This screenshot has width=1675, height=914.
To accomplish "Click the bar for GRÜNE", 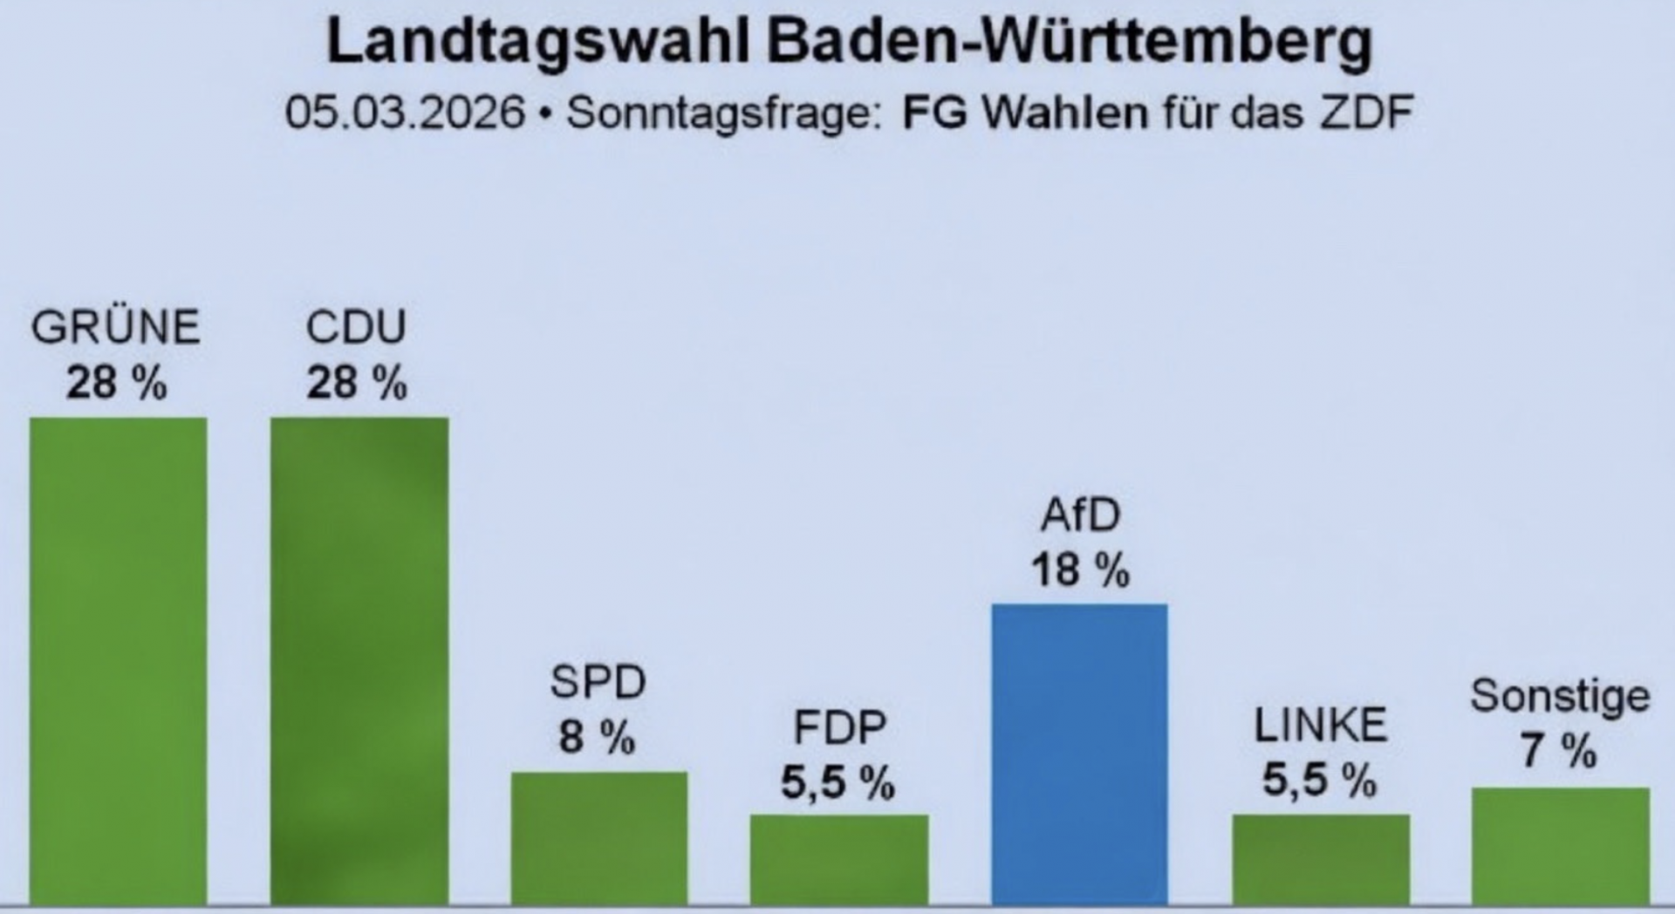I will click(119, 660).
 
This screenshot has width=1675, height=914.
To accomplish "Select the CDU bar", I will click(359, 660).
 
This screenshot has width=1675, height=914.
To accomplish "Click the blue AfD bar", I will click(1079, 754).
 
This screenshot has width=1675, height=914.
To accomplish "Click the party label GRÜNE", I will click(116, 328).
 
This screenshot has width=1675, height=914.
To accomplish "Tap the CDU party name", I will click(356, 328).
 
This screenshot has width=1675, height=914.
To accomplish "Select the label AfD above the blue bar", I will click(1080, 515).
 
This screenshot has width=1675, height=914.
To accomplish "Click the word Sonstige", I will click(1560, 697).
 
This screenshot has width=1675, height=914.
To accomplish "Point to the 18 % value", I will click(1080, 570).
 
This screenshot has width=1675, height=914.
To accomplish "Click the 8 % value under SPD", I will click(598, 738).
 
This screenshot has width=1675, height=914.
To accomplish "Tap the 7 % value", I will click(1559, 751).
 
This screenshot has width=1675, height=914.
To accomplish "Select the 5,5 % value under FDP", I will click(837, 782).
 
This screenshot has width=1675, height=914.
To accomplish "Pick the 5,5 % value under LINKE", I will click(1319, 780).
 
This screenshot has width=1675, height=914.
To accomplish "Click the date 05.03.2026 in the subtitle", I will click(406, 113).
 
